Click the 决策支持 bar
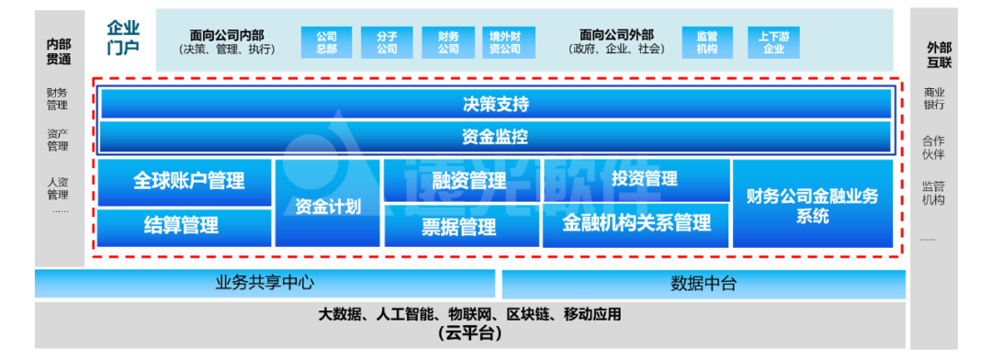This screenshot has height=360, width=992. [x=496, y=104]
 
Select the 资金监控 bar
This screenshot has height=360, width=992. [x=496, y=137]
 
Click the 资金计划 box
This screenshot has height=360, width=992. [x=328, y=204]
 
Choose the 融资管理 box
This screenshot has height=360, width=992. [x=462, y=180]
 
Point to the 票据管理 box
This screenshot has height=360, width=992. [x=462, y=227]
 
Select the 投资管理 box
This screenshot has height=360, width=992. [x=637, y=179]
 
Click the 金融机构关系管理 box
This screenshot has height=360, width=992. [x=637, y=225]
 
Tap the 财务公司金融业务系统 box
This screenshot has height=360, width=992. [x=813, y=204]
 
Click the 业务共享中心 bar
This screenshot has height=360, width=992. [x=265, y=284]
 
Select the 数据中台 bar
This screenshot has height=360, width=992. [x=703, y=284]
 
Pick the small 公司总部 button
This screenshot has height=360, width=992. [x=327, y=42]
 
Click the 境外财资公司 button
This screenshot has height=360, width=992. [x=507, y=42]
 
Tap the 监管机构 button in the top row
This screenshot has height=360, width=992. [x=707, y=42]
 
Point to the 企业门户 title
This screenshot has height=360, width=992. [x=123, y=37]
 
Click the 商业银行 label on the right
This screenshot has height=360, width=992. [x=934, y=98]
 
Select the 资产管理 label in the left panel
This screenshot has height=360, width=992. [x=58, y=140]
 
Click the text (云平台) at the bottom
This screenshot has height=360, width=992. [x=469, y=332]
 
